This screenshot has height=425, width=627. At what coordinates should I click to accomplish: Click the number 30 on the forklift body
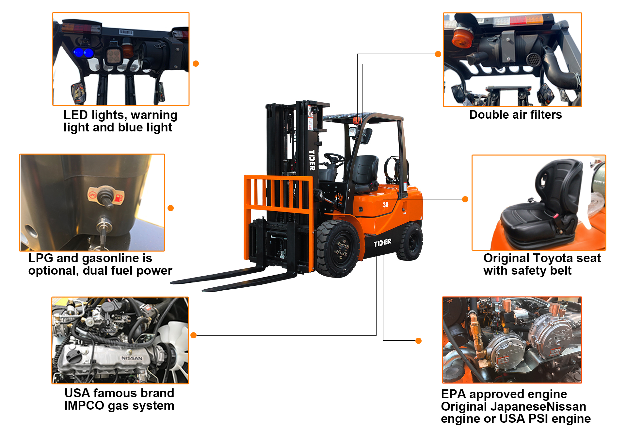click(x=386, y=205)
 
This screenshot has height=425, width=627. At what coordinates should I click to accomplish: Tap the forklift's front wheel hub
click(x=342, y=249)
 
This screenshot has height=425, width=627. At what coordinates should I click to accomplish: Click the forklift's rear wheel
click(x=411, y=242)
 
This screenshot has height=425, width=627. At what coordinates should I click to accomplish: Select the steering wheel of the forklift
click(x=334, y=158)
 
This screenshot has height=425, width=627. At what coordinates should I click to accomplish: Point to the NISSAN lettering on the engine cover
click(x=132, y=358)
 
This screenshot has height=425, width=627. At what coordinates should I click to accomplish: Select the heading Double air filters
click(x=515, y=115)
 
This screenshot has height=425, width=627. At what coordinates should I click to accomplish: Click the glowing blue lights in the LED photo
click(x=83, y=52)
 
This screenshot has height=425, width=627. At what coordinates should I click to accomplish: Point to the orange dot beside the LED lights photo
click(x=196, y=64)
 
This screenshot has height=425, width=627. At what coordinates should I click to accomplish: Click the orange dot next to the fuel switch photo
click(x=170, y=208)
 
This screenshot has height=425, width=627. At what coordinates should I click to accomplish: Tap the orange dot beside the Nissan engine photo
click(x=193, y=335)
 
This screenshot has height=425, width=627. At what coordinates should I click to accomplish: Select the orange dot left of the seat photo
click(x=465, y=199)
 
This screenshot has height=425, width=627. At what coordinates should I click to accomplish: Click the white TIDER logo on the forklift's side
click(x=382, y=243)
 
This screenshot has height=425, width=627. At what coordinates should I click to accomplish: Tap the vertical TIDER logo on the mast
click(x=312, y=160)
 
